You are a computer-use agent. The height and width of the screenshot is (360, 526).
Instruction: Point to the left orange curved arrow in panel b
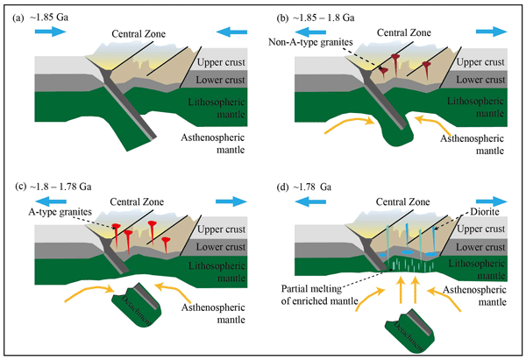coord(342,126)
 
